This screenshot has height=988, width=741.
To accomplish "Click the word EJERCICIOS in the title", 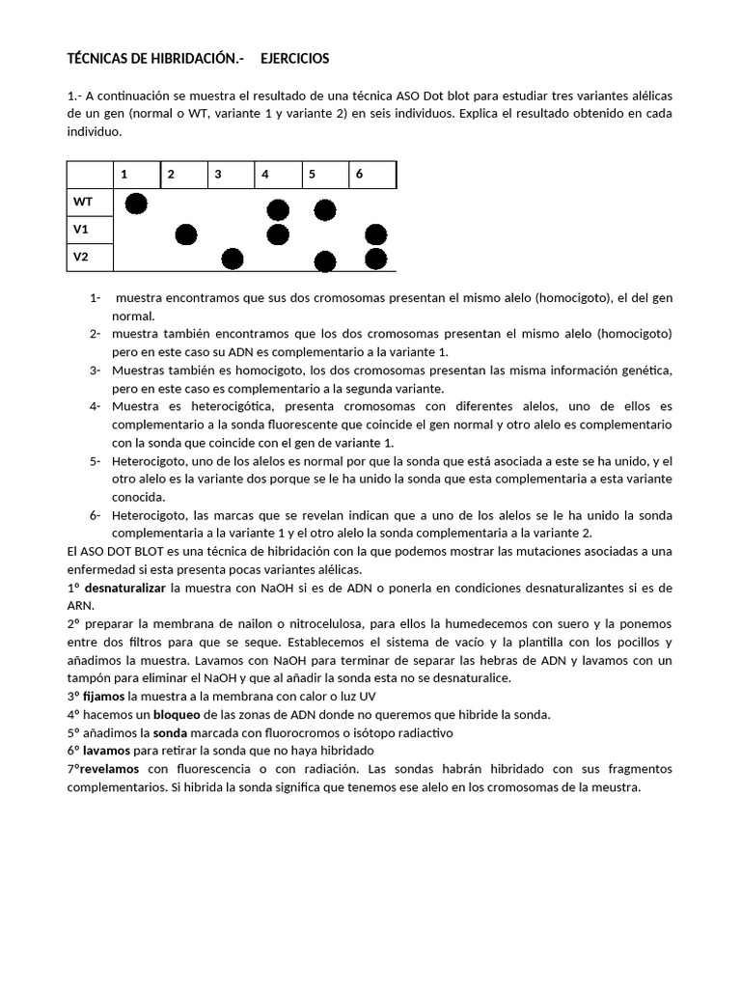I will tap(294, 59).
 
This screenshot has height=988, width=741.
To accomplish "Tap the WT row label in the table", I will tap(83, 202).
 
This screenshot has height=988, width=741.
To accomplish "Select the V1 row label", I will tap(81, 230).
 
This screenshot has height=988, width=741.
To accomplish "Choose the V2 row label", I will tap(81, 257).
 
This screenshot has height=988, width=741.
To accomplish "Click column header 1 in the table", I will tap(124, 175).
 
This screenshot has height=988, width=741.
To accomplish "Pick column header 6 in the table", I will tap(360, 175).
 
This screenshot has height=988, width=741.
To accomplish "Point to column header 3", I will tap(218, 175).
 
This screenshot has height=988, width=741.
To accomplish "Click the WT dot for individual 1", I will tap(136, 204).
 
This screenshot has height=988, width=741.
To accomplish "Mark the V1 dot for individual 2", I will tap(186, 234).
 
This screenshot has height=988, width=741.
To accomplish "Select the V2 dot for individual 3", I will tap(233, 259).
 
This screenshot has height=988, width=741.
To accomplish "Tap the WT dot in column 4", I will tap(278, 209).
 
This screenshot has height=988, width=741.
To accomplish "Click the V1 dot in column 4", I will tap(278, 234).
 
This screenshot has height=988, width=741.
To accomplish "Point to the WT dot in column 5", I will tap(325, 209).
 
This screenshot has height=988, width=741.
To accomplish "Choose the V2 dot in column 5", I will tap(325, 261).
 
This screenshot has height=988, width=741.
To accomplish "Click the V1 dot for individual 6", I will tap(376, 234).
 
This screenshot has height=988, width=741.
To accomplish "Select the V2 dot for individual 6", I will tap(376, 259).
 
